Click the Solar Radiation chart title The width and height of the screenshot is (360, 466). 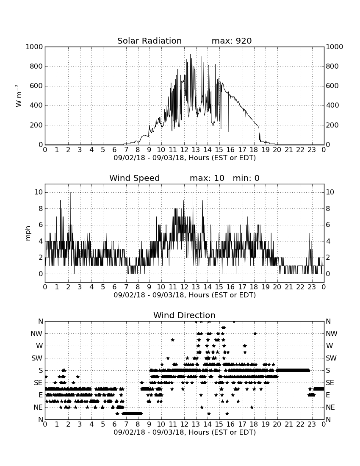150,41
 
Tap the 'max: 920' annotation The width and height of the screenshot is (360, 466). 232,41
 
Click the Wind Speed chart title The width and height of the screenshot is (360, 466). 135,178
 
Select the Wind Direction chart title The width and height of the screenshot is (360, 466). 184,315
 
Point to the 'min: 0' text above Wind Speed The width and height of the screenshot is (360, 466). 246,178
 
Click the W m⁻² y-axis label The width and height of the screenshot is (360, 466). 18,96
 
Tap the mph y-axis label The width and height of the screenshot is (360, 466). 28,233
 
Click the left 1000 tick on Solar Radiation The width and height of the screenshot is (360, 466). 34,47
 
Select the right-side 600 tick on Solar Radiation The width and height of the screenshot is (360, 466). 332,86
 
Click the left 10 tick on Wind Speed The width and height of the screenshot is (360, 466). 39,192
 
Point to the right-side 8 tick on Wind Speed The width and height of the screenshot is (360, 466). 328,208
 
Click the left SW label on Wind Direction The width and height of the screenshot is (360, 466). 37,358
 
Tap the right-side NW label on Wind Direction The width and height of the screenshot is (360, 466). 332,333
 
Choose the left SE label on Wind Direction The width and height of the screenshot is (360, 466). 38,383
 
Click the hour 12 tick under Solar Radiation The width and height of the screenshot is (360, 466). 184,150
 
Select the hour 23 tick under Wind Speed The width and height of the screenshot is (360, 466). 312,287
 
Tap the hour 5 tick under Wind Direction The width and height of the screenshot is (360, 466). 103,424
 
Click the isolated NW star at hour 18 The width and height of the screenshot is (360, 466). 255,333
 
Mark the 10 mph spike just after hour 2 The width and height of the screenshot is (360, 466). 71,193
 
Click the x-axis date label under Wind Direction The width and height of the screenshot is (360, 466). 185,432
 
